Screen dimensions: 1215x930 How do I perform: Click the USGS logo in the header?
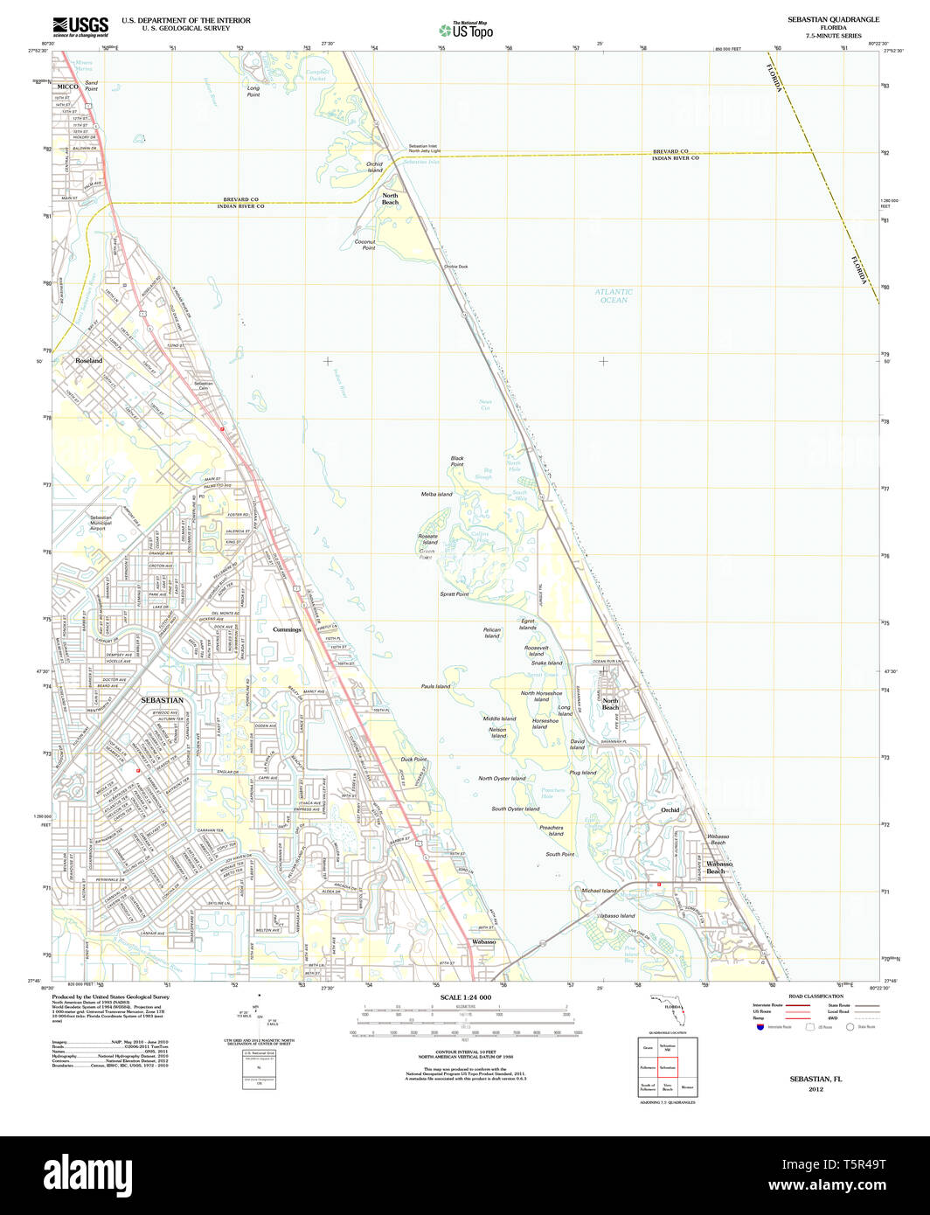(80, 26)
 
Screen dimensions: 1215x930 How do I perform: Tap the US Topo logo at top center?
(465, 29)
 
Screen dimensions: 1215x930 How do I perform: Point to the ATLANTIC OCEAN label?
(614, 296)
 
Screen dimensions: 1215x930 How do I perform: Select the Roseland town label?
(88, 360)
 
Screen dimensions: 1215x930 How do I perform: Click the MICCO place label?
(68, 87)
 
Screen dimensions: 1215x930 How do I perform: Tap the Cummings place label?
(287, 629)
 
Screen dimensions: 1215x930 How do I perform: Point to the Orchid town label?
(670, 810)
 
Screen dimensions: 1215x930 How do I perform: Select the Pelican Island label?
(492, 633)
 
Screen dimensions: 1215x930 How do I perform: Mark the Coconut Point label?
(364, 245)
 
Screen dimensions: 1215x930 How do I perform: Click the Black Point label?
(457, 461)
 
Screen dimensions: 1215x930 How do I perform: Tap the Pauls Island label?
(435, 686)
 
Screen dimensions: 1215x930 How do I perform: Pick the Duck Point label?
(413, 760)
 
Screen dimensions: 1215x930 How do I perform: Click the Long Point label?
(253, 91)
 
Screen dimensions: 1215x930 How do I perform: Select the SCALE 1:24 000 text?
(466, 997)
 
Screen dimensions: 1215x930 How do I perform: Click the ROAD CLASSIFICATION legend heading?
(815, 996)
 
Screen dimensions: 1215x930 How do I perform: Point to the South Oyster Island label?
(515, 809)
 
